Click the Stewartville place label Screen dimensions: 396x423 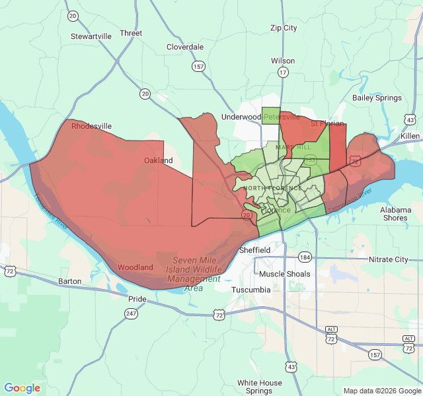coord(91,36)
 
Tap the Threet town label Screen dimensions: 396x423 coord(131,33)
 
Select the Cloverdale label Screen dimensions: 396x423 coord(185,47)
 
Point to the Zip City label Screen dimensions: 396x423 coord(284,28)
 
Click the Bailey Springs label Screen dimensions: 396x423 coord(377,98)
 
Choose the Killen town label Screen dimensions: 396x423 coord(410,135)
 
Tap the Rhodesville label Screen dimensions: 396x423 coord(92,126)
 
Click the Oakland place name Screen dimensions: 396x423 coord(159,160)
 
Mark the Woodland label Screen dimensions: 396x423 coord(135,267)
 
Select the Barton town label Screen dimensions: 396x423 coord(69,281)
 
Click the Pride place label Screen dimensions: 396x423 coord(137,299)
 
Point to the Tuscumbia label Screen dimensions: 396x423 coord(251,290)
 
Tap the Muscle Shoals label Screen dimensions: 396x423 coord(285,274)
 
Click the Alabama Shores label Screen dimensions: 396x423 coord(395,214)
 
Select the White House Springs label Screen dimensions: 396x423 coord(260,387)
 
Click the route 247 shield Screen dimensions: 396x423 coord(132,314)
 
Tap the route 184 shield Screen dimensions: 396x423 coord(305,257)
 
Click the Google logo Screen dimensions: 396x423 coord(22,388)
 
